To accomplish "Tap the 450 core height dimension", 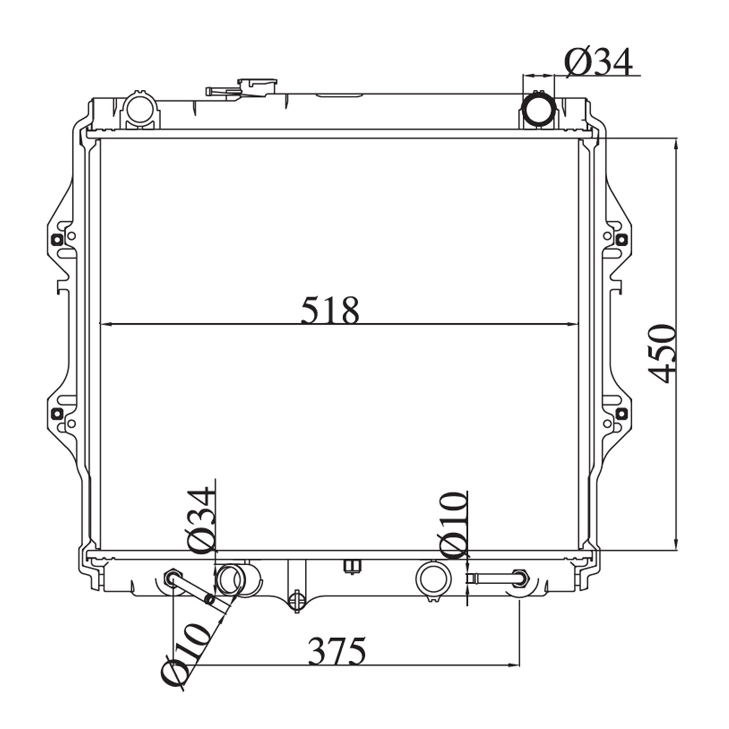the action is click(x=662, y=354).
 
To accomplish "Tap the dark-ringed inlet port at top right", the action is click(x=539, y=110).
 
